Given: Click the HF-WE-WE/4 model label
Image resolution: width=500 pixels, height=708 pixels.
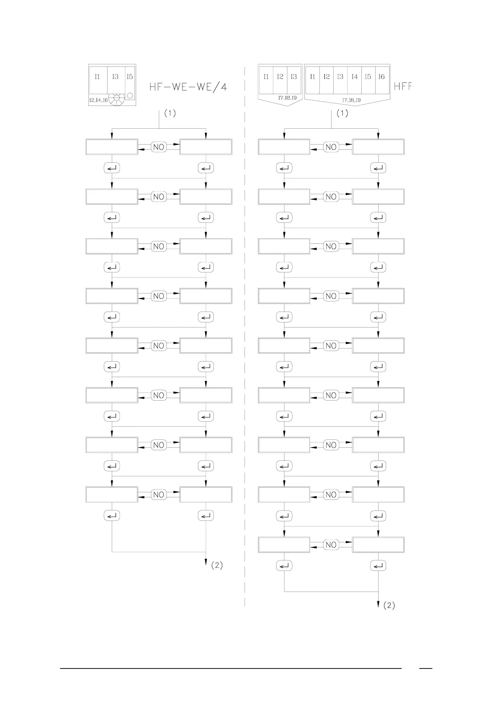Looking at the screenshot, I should pos(189,87).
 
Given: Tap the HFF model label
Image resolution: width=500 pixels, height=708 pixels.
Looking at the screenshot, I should pos(403,87).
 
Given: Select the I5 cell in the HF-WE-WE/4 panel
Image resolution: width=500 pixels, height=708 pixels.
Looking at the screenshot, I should pos(130,77).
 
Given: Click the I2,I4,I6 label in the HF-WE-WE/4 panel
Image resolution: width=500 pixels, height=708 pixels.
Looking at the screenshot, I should pos(98,100).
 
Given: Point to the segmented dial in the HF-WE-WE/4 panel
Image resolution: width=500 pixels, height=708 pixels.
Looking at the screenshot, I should pos(117,99).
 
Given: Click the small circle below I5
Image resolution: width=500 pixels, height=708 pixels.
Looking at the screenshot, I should pos(130,95).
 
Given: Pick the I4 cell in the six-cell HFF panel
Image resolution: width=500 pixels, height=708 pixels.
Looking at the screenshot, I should pos(354,77).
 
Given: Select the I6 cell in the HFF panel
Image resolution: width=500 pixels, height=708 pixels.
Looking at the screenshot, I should pos(382,77).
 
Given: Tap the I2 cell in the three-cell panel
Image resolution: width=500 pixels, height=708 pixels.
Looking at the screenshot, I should pos(280,77).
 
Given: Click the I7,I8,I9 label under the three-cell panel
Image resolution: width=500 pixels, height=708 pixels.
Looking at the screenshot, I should pos(287,98).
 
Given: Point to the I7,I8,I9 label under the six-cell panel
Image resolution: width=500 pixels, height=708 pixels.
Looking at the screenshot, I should pos(351,100).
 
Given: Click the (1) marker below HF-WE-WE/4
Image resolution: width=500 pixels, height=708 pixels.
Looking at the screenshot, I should pos(170,113).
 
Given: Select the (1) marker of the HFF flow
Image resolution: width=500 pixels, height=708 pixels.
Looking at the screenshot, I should pos(342,113).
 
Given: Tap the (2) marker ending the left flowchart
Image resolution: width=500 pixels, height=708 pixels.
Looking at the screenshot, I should pos(216,565).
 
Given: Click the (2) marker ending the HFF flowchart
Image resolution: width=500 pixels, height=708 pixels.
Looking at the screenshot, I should pos(389,605).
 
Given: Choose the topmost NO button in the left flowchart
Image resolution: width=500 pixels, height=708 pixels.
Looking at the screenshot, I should pos(159,147).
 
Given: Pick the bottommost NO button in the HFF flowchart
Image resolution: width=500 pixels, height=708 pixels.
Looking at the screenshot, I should pos(331,545).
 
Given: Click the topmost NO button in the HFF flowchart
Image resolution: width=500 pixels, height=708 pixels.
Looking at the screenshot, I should pos(331,147).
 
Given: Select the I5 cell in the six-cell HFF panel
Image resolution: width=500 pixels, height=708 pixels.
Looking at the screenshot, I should pos(368,77).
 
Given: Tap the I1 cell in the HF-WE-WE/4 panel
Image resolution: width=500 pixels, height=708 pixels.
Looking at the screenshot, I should pos(97,77).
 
